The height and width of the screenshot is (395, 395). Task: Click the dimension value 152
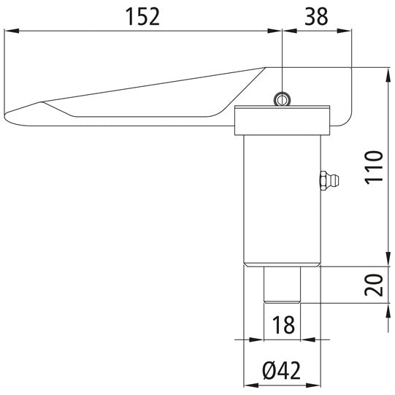click(144, 17)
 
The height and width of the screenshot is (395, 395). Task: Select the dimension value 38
click(316, 17)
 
